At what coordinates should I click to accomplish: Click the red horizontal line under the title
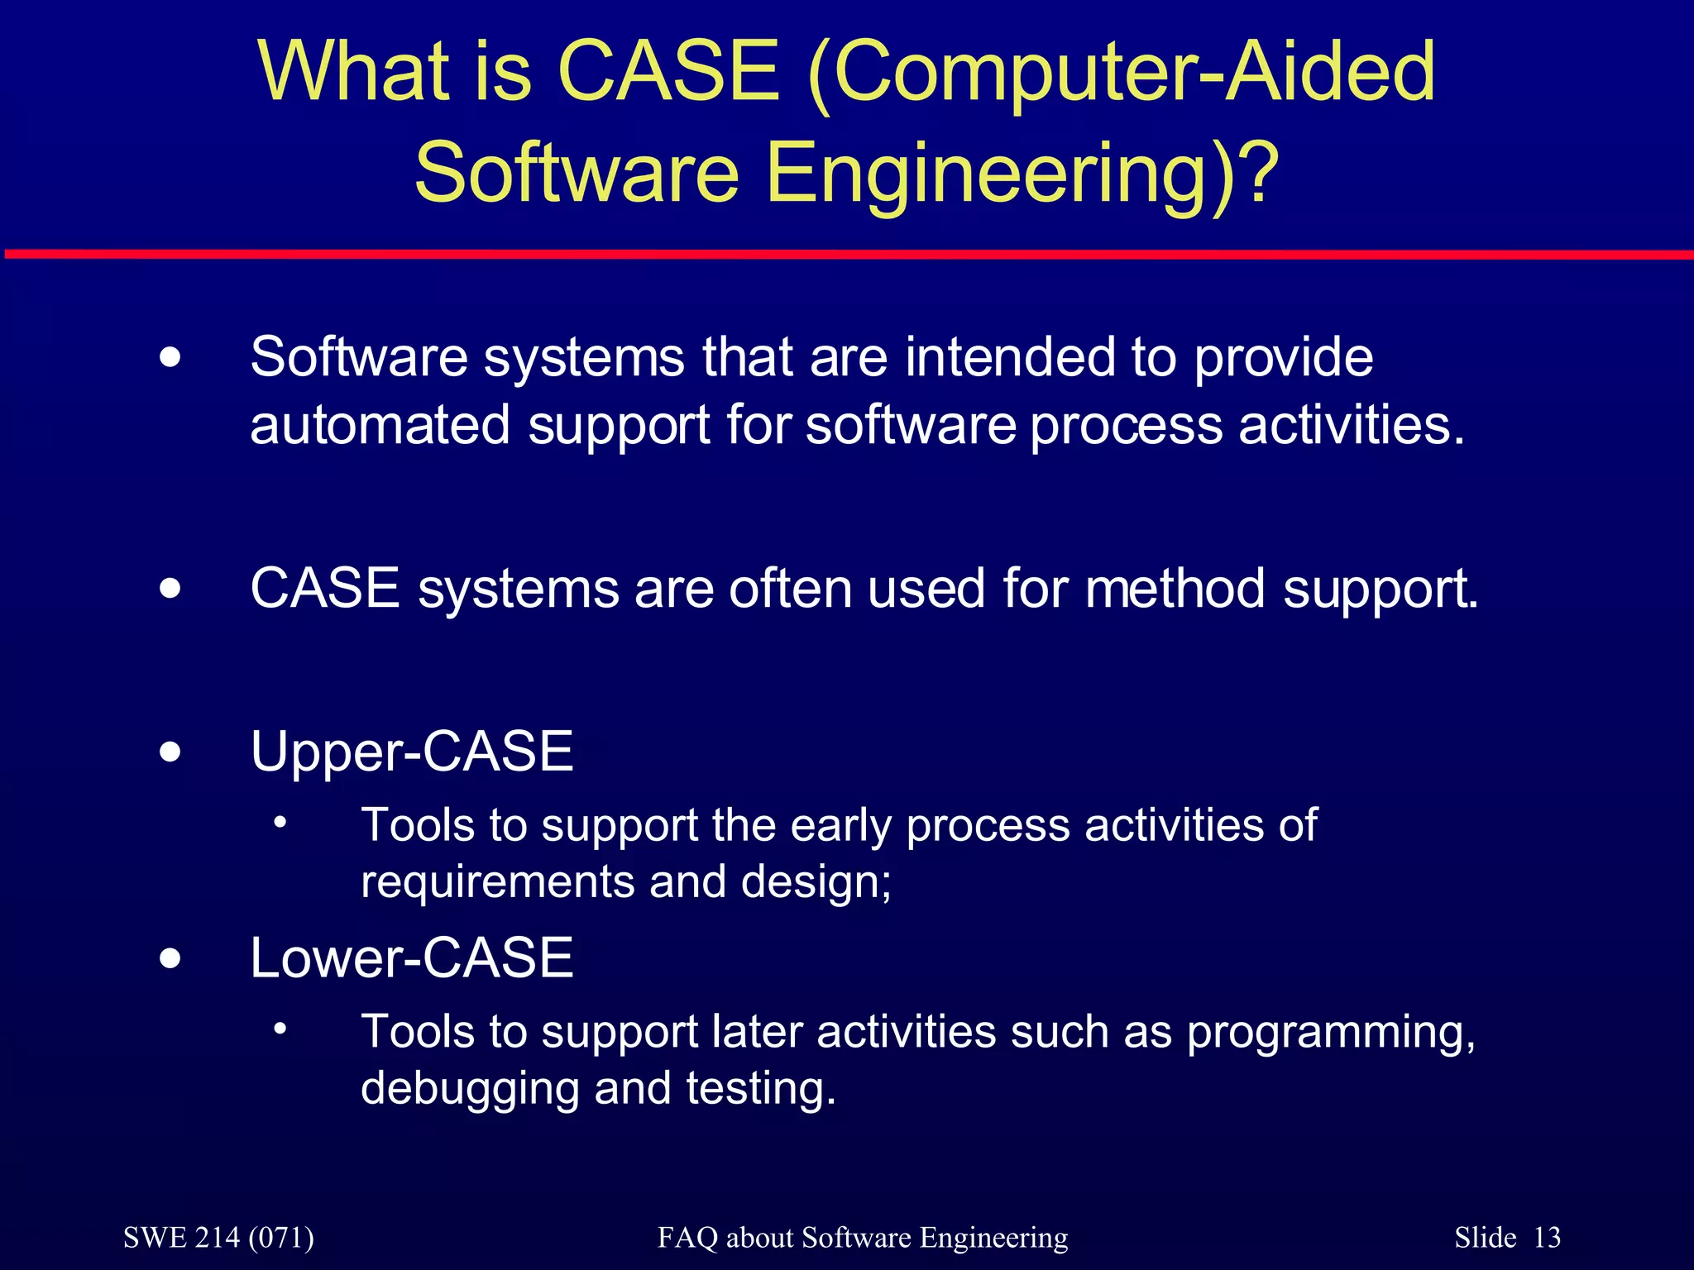coord(847,254)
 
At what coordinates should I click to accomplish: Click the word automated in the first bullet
coord(380,425)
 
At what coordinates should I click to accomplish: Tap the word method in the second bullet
coord(1175,589)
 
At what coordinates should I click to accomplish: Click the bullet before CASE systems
coord(170,590)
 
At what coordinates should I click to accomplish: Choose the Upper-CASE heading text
coord(412,752)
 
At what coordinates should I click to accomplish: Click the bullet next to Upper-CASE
coord(170,752)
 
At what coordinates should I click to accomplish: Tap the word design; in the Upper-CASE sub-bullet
coord(816,882)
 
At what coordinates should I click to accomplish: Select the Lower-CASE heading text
coord(412,958)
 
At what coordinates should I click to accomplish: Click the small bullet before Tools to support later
coord(281,1029)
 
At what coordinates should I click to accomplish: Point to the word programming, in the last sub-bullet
coord(1331,1034)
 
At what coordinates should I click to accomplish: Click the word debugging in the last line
coord(469,1089)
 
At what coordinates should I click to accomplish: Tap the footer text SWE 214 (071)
coord(218,1238)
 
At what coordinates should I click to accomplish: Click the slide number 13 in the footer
coord(1547,1238)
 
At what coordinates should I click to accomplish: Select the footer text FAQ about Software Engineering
coord(863,1238)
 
